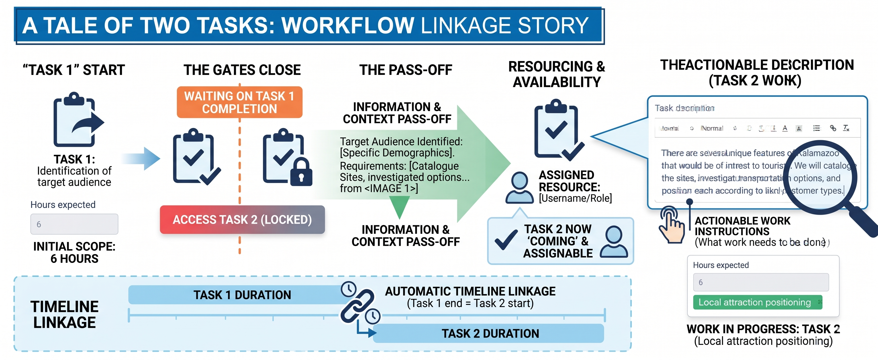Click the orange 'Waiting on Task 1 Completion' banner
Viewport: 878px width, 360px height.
pyautogui.click(x=239, y=102)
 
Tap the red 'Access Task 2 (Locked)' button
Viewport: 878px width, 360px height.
pyautogui.click(x=242, y=220)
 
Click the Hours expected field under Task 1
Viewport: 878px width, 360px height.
pyautogui.click(x=74, y=224)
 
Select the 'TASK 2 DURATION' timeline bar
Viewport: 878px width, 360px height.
pyautogui.click(x=489, y=333)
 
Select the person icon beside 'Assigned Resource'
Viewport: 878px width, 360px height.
pyautogui.click(x=519, y=188)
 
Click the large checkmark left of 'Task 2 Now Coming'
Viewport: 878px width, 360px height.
pyautogui.click(x=506, y=240)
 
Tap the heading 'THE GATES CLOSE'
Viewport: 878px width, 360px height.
pyautogui.click(x=242, y=70)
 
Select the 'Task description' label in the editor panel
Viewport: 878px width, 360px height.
pyautogui.click(x=684, y=108)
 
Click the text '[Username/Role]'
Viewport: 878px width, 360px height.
pyautogui.click(x=575, y=198)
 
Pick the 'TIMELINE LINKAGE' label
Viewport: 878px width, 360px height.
pyautogui.click(x=64, y=314)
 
